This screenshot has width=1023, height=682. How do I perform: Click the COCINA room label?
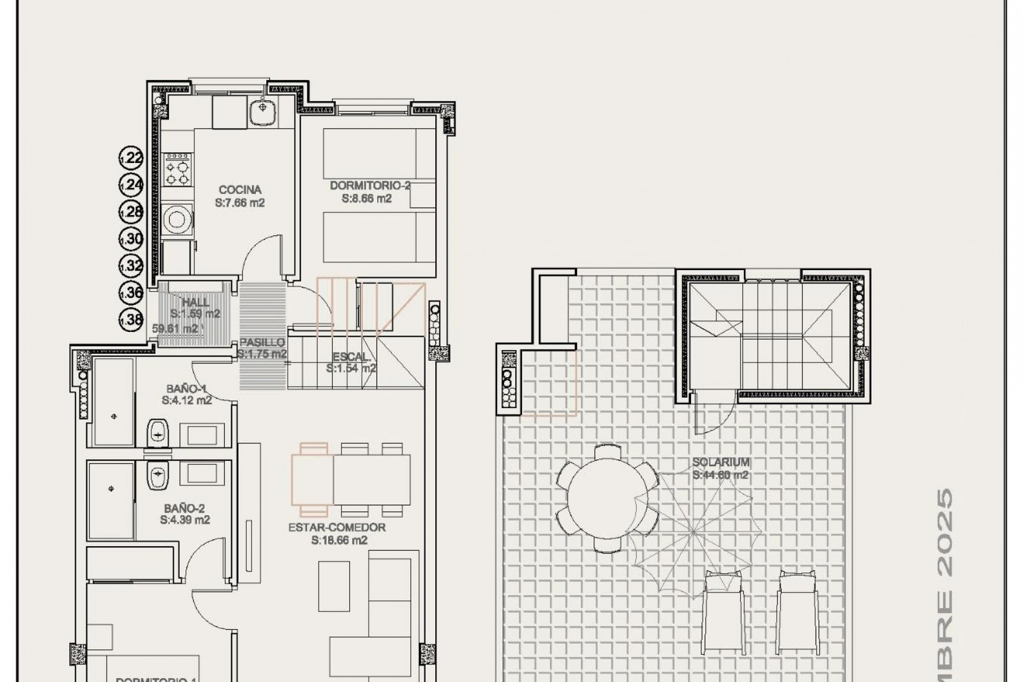pos(240,190)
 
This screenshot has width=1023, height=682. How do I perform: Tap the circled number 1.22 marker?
pos(131,158)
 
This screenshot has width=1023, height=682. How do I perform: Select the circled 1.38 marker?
pos(131,320)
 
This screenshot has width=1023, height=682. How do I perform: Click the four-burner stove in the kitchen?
pos(177,169)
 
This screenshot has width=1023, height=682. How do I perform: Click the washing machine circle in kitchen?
pos(176,219)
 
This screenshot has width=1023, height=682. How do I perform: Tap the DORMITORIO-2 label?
pos(370,185)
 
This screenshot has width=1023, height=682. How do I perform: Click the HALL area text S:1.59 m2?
pos(195,314)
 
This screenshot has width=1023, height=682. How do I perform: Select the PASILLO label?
pos(262,343)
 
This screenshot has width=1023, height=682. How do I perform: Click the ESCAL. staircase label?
pos(350,356)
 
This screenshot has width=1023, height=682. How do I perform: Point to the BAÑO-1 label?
pos(186,388)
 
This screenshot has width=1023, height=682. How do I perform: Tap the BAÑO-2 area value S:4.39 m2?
pos(185,520)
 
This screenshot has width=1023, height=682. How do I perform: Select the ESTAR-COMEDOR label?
pos(337,527)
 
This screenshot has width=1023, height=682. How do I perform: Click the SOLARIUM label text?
pos(721,462)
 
